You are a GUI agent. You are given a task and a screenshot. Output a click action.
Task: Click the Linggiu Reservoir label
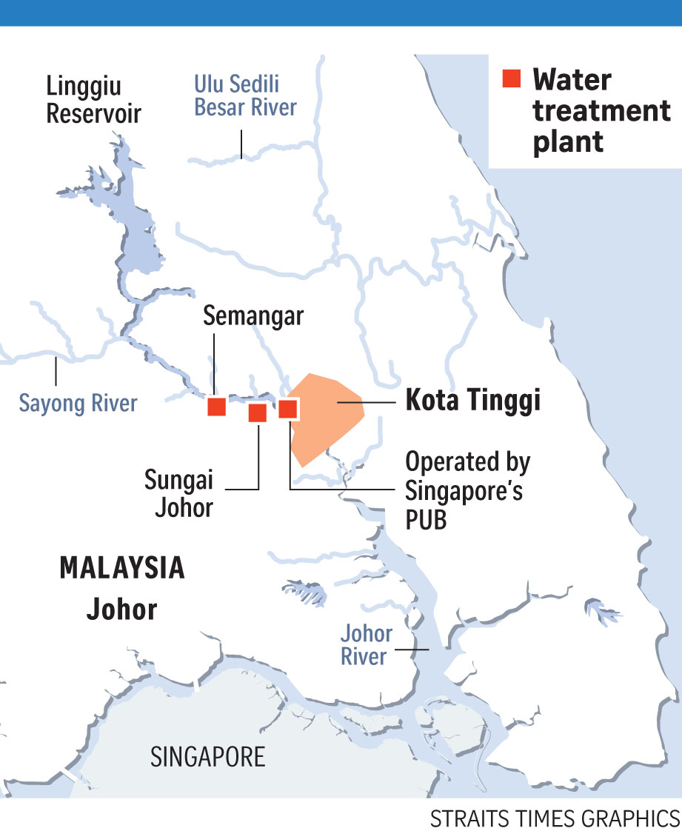tap(93, 99)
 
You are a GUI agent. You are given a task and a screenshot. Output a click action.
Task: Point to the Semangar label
tap(253, 316)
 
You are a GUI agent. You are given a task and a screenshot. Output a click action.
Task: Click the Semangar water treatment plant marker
tap(216, 406)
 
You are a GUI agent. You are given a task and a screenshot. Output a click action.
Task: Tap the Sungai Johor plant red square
tap(257, 413)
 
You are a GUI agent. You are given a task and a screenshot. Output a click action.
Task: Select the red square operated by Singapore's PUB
tap(288, 408)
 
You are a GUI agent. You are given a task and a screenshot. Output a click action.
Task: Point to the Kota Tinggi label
tap(472, 401)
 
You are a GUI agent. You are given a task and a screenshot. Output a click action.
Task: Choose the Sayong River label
tap(78, 404)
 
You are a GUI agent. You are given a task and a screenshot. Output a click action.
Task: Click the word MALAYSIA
tap(122, 569)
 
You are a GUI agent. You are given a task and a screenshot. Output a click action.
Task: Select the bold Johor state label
tap(122, 609)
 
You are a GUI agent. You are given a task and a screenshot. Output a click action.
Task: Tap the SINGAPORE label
tap(208, 757)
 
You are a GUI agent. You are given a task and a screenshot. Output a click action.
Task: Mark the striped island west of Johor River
tap(305, 592)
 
